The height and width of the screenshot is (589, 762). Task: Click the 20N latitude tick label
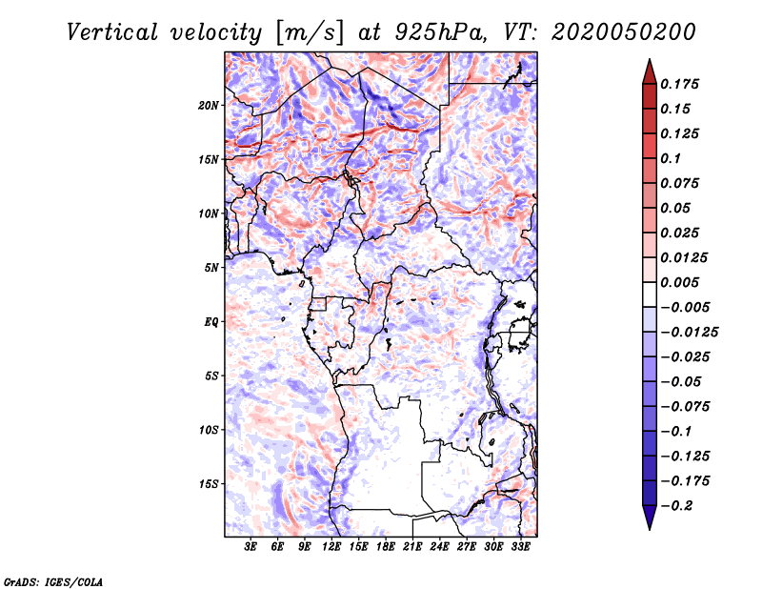(209, 106)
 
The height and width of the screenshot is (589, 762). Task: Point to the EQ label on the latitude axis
(211, 322)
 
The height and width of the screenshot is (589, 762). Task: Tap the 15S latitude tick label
(209, 484)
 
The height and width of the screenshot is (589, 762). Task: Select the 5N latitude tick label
(211, 268)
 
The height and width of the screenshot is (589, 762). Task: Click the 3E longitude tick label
(251, 546)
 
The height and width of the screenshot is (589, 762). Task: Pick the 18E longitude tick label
(386, 546)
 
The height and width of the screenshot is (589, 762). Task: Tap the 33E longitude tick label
(520, 546)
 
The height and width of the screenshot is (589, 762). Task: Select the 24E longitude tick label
(439, 546)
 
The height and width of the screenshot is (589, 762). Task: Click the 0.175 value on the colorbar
(679, 84)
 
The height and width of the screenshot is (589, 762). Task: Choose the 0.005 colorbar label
(679, 282)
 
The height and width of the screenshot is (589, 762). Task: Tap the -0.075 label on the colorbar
(685, 407)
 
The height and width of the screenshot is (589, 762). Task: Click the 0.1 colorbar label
(671, 158)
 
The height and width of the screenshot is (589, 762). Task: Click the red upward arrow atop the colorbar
(650, 72)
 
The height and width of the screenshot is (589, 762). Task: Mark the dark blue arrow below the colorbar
(650, 518)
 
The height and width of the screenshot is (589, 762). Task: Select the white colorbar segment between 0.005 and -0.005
(650, 294)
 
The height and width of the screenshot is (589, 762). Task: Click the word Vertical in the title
(112, 33)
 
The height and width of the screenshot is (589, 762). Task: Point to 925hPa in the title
(441, 33)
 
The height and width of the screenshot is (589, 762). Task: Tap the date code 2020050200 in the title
(624, 33)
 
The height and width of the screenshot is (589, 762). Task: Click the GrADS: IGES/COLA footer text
(53, 582)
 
